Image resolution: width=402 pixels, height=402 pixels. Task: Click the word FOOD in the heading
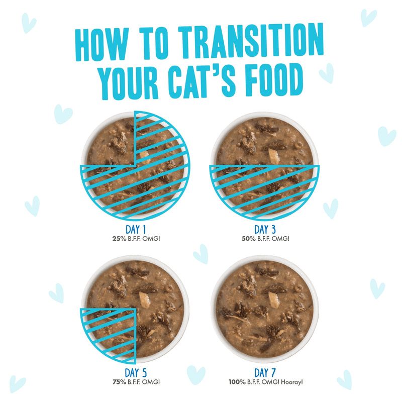point(271,81)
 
